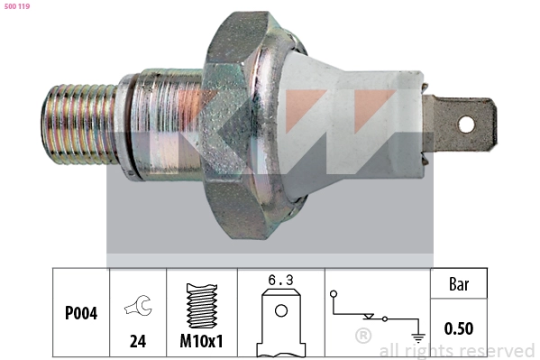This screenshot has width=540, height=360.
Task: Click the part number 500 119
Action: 18,6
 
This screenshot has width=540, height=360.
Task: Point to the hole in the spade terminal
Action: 467,122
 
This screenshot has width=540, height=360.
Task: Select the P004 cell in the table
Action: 81,315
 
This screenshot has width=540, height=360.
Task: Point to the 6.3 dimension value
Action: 281,281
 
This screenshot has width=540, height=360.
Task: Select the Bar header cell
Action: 458,285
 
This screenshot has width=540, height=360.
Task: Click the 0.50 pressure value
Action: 458,329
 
